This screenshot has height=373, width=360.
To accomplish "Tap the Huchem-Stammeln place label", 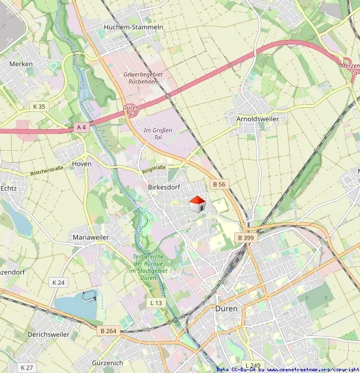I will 134,27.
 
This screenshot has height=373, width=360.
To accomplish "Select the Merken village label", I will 21,63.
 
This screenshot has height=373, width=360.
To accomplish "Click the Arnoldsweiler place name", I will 257,119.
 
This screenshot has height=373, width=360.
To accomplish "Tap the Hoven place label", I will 82,163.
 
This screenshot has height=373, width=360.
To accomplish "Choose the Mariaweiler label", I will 91,237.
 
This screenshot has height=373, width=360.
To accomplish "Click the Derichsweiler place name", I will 48,334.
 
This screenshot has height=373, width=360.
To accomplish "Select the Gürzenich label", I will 107,362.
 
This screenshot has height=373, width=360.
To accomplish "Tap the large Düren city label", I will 226,309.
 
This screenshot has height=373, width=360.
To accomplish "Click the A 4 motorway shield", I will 81,127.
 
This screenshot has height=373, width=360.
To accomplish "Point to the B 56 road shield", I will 218,184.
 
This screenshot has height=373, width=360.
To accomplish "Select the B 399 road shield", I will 246,238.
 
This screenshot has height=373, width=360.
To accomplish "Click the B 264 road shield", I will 108,331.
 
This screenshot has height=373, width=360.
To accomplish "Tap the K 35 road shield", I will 39,107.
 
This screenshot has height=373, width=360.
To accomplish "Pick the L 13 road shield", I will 156,303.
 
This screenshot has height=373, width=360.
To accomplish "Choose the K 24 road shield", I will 58,282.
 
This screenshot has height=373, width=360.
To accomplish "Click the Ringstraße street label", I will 154,170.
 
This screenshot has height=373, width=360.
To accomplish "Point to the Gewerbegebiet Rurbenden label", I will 143,77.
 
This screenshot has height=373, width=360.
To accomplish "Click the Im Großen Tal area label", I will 158,133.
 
